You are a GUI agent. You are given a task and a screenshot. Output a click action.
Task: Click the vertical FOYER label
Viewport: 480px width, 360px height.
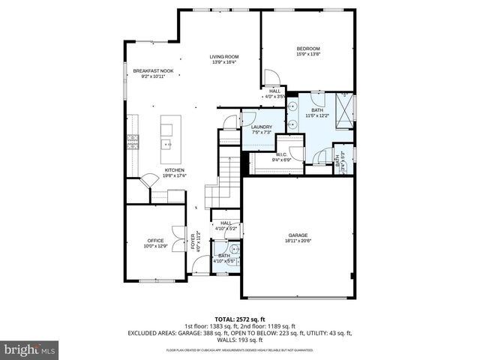[192, 242]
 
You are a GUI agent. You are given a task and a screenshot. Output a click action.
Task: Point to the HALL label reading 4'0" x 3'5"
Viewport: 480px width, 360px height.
[275, 94]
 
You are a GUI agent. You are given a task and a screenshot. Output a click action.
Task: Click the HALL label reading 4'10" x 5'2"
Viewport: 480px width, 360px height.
[226, 225]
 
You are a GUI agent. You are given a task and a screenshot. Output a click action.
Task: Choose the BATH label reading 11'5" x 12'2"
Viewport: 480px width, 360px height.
[318, 112]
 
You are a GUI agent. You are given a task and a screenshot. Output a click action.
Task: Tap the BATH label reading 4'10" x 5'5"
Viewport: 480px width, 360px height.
[224, 258]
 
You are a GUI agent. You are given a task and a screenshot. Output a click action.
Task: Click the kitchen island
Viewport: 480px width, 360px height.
[168, 140]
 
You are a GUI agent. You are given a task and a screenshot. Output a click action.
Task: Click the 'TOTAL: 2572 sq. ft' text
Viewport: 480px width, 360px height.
[240, 319]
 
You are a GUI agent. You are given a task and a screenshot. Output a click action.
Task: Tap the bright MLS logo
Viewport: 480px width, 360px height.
[30, 349]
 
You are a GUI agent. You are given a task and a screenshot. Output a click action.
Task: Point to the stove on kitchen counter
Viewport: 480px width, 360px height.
[133, 140]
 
